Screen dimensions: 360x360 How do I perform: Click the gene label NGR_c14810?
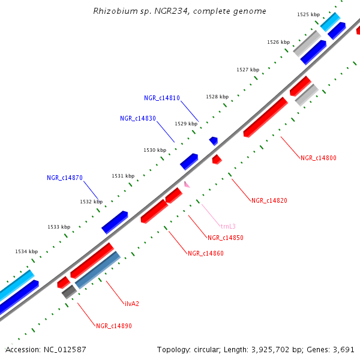click(x=161, y=98)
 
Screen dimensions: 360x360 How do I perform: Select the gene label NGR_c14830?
click(x=137, y=118)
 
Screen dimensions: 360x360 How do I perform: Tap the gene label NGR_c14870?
click(x=64, y=178)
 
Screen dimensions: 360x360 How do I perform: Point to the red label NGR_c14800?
click(x=319, y=158)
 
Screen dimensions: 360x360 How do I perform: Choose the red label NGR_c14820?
click(x=269, y=200)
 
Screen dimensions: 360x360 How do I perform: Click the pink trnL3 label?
click(x=228, y=226)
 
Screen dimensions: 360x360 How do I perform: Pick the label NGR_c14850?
click(x=225, y=238)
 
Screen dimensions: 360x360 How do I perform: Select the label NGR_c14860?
click(x=205, y=253)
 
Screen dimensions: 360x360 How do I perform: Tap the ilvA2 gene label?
click(x=132, y=303)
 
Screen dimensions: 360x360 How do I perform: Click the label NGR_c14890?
click(x=113, y=326)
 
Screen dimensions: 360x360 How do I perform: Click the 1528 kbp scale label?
click(x=217, y=97)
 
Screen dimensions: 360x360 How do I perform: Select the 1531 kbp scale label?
click(x=123, y=176)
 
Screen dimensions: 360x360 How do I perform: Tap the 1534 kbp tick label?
click(x=26, y=251)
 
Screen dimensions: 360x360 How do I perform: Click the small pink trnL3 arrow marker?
click(x=187, y=185)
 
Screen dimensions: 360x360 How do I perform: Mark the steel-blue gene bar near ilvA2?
click(x=98, y=270)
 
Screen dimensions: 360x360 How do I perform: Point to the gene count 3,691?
click(x=344, y=349)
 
